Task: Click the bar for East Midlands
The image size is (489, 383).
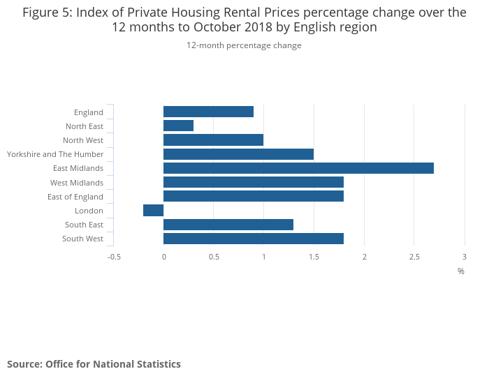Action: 298,168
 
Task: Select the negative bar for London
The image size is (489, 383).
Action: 154,211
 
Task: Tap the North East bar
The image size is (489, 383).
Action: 178,126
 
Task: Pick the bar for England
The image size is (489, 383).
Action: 208,112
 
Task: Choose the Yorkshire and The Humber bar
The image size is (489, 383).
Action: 238,154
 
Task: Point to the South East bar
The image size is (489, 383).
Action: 228,225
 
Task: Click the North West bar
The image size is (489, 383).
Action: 213,140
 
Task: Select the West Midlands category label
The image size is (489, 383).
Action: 77,183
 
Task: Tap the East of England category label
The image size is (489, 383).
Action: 75,197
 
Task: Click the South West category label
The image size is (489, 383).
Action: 82,239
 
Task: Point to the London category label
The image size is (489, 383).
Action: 89,211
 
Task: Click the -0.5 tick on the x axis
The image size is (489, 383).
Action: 114,257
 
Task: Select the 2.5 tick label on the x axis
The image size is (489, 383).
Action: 414,257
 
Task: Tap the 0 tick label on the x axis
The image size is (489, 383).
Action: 163,257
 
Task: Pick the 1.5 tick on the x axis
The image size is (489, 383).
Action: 314,257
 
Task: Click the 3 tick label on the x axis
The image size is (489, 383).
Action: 465,257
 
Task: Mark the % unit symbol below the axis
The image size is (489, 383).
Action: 461,271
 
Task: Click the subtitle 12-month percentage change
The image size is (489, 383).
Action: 244,45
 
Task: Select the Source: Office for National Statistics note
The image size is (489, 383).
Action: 94,364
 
